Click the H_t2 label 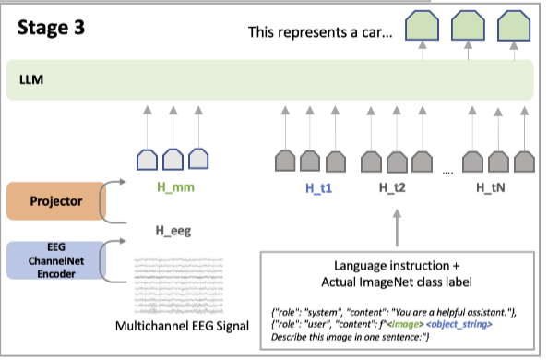(394, 188)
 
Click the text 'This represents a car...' (320, 33)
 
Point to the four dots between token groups (448, 172)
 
